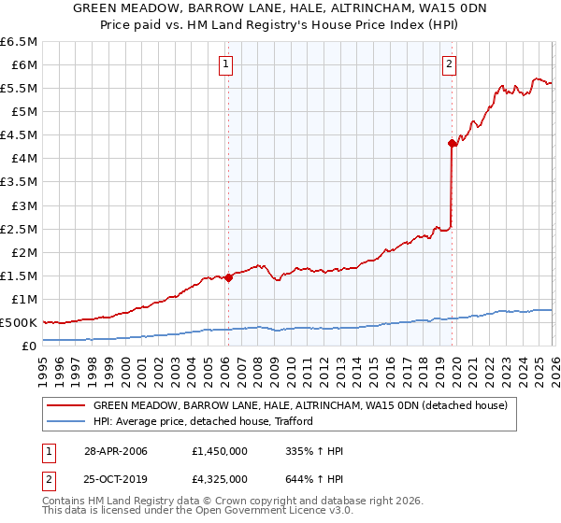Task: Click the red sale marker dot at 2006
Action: [228, 277]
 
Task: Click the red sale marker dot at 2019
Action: [452, 143]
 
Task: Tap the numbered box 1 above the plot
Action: [227, 64]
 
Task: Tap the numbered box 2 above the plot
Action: [450, 64]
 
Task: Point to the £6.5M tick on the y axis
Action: [20, 42]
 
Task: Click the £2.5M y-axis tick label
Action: [20, 229]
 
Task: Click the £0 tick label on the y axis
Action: [30, 346]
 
